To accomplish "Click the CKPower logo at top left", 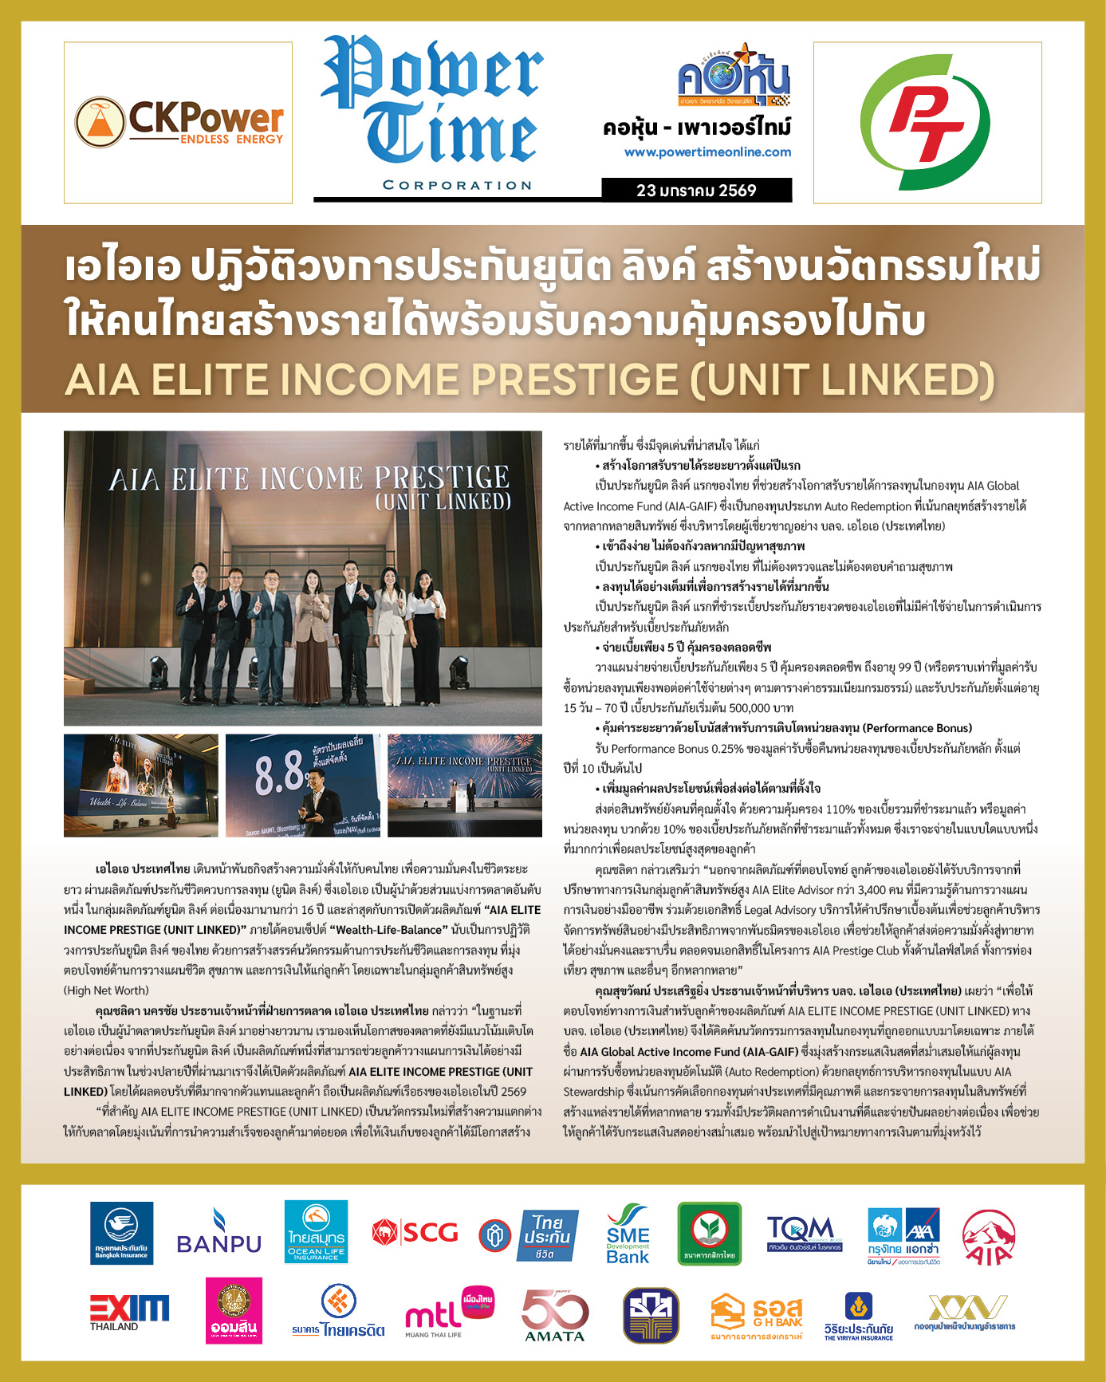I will click(x=179, y=123).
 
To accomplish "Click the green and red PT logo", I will click(x=927, y=122).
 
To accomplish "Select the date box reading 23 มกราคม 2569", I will click(x=696, y=191).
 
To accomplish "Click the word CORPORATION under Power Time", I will click(x=457, y=185).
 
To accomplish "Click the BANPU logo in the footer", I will click(x=218, y=1233).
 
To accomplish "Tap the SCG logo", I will click(x=415, y=1233).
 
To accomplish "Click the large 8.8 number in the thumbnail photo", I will click(x=281, y=774).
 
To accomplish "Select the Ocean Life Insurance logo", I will click(x=317, y=1233).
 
